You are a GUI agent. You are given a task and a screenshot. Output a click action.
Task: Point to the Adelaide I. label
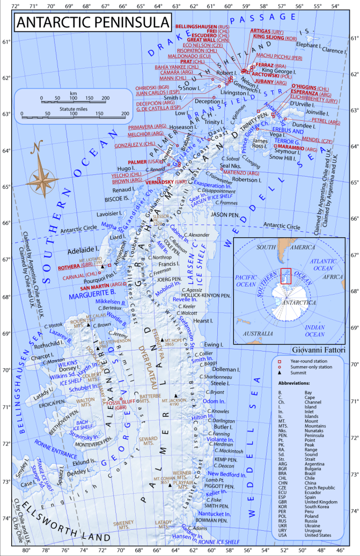pyautogui.click(x=83, y=250)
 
